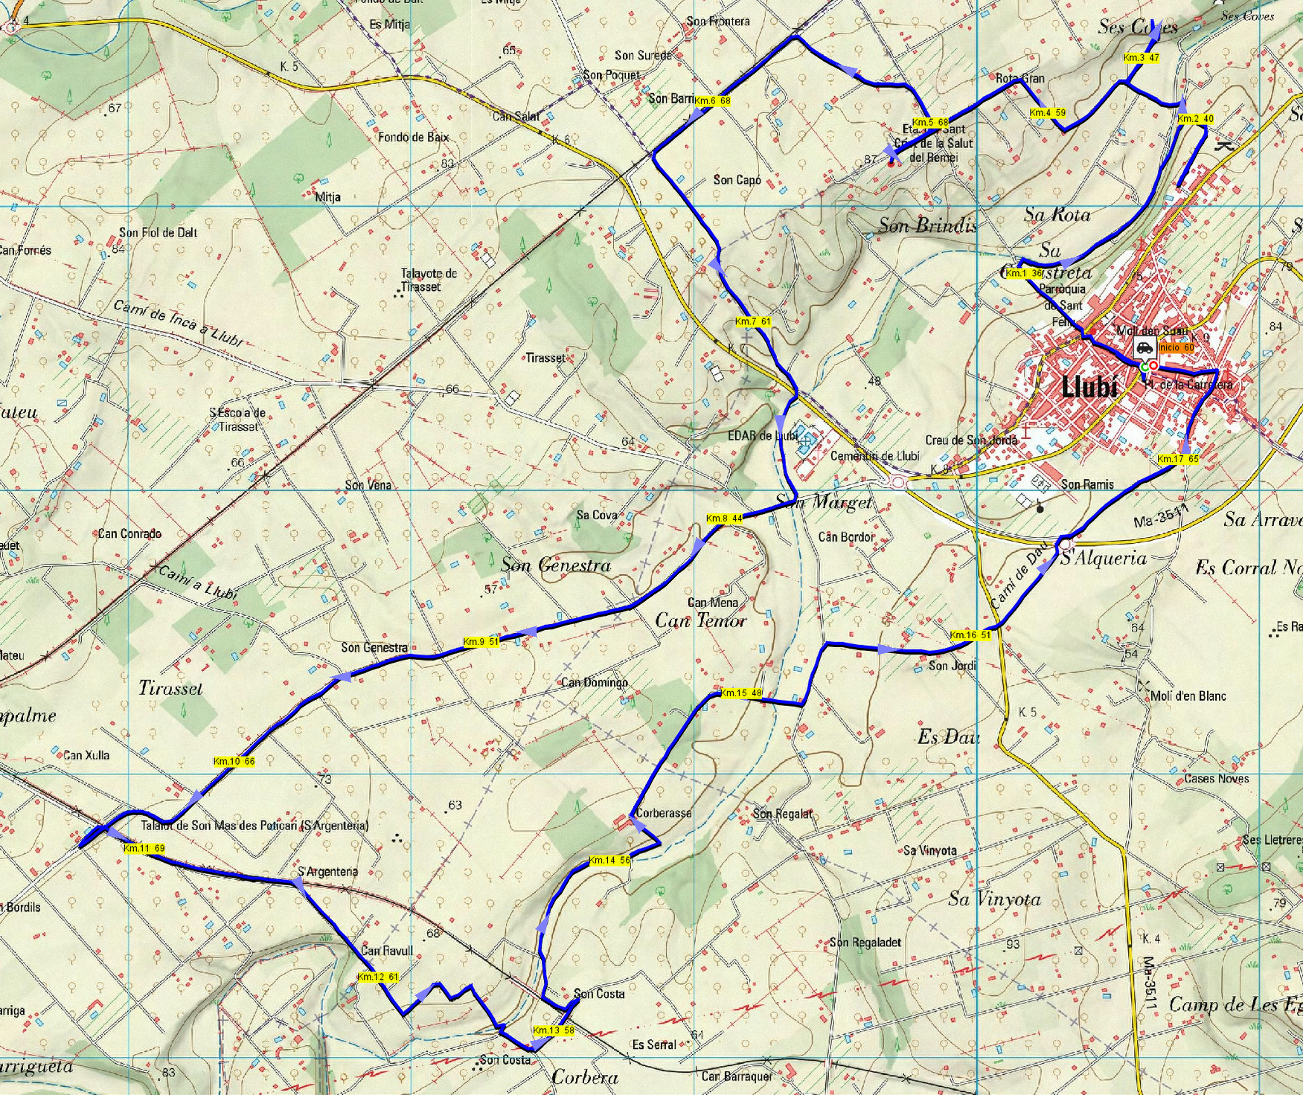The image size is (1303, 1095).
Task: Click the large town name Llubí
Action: (x=1089, y=387)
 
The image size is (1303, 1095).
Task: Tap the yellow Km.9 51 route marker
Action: (x=481, y=642)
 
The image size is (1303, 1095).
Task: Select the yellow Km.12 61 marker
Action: (x=378, y=977)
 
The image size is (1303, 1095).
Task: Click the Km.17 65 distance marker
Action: (x=1178, y=459)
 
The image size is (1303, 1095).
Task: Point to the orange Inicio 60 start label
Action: (x=1176, y=347)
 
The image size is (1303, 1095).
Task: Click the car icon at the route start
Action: (x=1144, y=347)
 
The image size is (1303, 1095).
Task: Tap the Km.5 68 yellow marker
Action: (x=930, y=122)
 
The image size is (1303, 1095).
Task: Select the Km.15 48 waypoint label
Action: (x=741, y=693)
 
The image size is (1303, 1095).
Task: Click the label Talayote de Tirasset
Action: (x=429, y=280)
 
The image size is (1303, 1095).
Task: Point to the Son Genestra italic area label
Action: (x=556, y=565)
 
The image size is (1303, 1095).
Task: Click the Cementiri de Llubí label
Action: (x=874, y=456)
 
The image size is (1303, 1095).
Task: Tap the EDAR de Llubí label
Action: (x=763, y=436)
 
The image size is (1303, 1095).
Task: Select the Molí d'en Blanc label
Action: (x=1188, y=696)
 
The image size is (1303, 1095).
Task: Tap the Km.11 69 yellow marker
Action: (x=144, y=848)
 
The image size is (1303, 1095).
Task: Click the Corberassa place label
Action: (x=663, y=813)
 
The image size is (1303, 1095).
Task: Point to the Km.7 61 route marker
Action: (x=752, y=321)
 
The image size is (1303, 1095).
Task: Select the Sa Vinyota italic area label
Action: (x=994, y=899)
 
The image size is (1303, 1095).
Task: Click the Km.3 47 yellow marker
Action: (x=1142, y=57)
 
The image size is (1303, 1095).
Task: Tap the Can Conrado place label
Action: (x=129, y=533)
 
